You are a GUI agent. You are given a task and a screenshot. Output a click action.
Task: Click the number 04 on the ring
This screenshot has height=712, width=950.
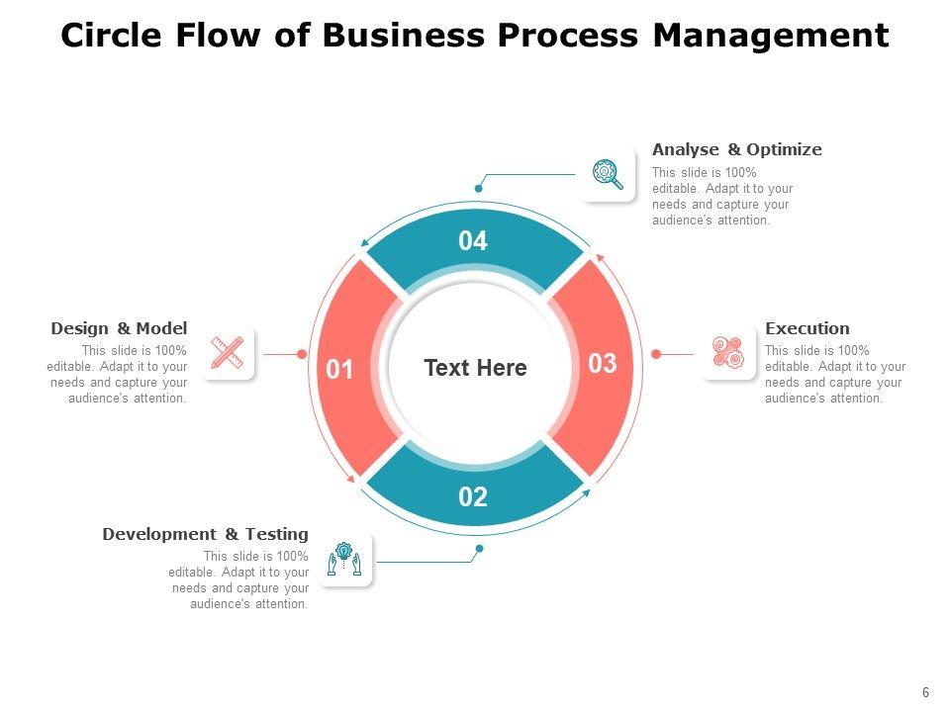coord(473,241)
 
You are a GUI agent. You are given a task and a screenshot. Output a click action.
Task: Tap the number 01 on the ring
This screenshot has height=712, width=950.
coord(339,370)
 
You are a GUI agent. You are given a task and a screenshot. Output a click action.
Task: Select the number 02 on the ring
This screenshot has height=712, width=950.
coord(473,497)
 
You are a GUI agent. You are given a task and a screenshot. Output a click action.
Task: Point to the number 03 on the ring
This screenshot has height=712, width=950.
coord(603,364)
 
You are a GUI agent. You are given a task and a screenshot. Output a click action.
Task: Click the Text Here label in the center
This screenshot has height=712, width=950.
coord(475,368)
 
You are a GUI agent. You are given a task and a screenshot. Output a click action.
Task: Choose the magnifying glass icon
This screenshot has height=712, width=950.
coord(608,174)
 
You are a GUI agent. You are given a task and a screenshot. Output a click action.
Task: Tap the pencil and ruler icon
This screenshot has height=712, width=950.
coord(228,353)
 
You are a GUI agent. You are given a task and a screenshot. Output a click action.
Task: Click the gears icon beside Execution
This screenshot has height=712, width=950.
coord(728,353)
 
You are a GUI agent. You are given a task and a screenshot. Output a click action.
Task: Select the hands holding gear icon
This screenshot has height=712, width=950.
coord(344,560)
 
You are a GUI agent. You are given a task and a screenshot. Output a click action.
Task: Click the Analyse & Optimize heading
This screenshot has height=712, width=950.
coord(736,149)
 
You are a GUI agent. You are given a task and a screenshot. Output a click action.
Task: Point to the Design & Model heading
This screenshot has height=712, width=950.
coord(119,328)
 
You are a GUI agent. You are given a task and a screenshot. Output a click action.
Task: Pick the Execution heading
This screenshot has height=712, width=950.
coord(807,328)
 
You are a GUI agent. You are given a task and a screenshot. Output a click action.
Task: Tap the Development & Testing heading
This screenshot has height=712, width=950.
coord(205,534)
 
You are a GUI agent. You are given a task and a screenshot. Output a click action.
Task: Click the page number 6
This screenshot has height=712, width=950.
coord(925,693)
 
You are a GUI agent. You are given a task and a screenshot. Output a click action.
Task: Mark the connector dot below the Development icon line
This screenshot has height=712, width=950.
coord(479,548)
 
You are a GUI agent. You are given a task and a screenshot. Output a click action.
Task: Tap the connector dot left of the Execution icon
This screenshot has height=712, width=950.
coord(655,353)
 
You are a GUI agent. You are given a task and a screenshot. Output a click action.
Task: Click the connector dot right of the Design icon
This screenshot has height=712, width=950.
coord(301,353)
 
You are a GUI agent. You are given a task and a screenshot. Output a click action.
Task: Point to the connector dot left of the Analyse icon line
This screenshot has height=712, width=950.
coord(479,188)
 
